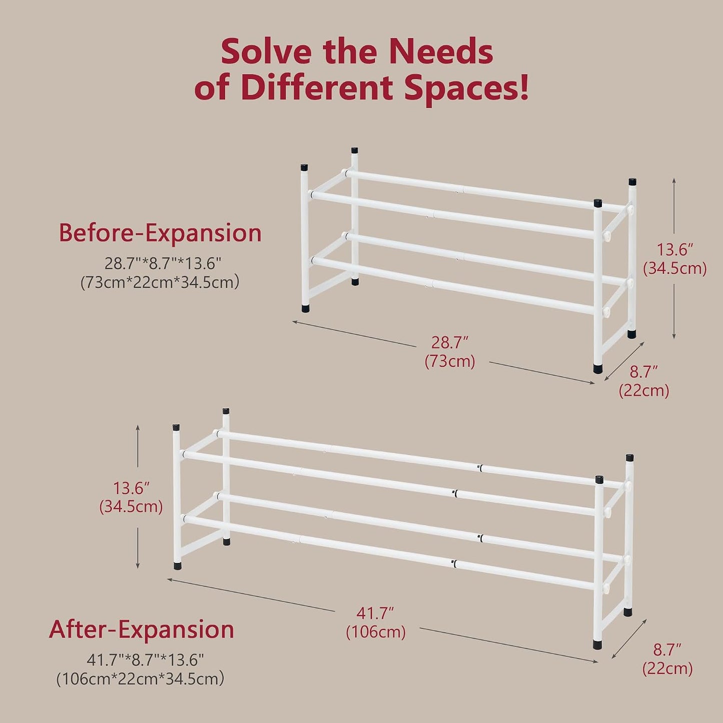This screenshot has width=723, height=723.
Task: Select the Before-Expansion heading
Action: [160, 233]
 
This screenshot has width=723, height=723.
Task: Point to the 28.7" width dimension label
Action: [450, 343]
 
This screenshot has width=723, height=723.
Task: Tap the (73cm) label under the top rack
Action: [450, 361]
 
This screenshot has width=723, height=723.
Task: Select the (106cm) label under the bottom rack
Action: [376, 632]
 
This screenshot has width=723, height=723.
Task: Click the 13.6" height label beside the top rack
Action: [674, 250]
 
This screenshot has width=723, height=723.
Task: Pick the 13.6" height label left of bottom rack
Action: [131, 488]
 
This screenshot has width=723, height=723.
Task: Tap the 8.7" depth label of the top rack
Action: [644, 372]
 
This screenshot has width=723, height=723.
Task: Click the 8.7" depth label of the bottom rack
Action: [667, 650]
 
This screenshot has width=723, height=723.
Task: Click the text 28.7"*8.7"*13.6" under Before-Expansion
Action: [161, 264]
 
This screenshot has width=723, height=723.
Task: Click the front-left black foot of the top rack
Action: [306, 308]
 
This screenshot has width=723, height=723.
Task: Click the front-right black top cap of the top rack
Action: [598, 204]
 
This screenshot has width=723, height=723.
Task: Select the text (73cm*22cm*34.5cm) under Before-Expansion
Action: [160, 282]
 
